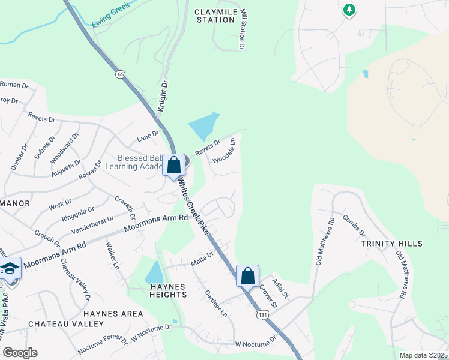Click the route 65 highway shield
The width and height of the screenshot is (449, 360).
(121, 74)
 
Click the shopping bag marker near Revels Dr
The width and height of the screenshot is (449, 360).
(174, 164)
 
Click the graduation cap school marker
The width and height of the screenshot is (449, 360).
(10, 268)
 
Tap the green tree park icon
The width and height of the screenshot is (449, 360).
(349, 10)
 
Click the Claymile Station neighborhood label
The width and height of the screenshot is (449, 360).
(214, 16)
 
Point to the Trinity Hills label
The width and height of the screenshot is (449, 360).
(392, 244)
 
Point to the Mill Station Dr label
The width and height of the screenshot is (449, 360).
(243, 29)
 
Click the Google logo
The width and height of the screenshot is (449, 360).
(19, 353)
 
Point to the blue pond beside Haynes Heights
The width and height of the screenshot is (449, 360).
(154, 273)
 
